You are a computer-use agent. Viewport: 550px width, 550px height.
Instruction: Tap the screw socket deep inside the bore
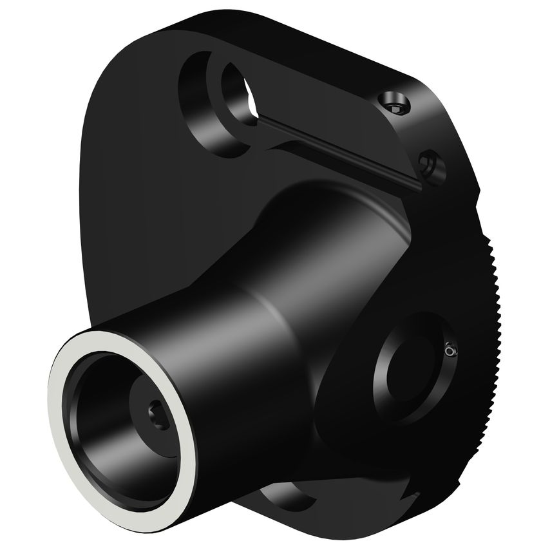[158, 417]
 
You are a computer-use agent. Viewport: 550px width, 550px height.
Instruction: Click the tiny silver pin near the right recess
[450, 350]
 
